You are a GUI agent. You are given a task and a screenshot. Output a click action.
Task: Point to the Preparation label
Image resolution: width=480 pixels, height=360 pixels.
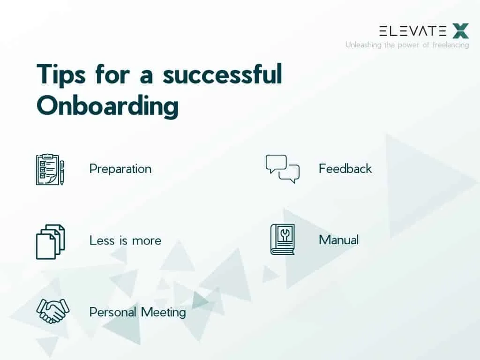point(120,169)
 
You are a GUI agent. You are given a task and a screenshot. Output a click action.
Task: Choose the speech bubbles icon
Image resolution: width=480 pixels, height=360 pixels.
point(282,168)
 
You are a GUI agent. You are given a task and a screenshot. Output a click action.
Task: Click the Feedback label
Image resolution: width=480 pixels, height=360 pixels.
point(345,169)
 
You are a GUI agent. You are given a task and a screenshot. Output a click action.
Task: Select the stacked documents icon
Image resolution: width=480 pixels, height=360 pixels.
point(50,241)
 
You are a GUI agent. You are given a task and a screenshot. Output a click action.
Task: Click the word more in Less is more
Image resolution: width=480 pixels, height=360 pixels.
point(147,240)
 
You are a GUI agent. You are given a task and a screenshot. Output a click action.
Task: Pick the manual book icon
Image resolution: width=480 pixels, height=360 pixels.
point(282,240)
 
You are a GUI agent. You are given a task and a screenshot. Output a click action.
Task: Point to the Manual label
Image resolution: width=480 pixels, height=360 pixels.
point(338,240)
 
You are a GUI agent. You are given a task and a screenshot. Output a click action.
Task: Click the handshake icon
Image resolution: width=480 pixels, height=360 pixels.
point(52,310)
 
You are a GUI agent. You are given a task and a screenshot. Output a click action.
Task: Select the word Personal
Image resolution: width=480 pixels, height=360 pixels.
point(112,312)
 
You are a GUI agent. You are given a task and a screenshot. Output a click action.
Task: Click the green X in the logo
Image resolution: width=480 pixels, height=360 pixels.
point(460,31)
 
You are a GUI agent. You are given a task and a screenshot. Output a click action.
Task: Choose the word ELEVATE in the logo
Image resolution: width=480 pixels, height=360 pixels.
point(412,31)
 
